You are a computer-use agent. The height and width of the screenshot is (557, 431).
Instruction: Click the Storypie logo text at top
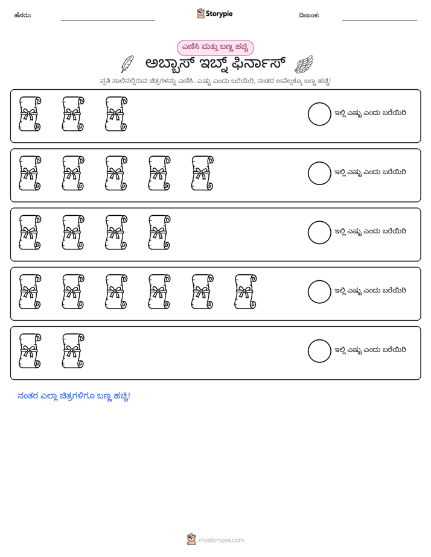click(x=219, y=14)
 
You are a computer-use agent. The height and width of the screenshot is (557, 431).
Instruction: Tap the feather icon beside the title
click(x=127, y=64)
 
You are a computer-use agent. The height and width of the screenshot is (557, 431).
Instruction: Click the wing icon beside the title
click(x=304, y=65)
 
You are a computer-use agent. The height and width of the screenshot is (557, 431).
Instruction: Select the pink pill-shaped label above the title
click(x=215, y=48)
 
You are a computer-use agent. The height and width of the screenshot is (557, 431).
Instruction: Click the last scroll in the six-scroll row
click(x=245, y=291)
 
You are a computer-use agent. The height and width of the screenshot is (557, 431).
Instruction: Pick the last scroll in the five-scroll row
click(x=202, y=173)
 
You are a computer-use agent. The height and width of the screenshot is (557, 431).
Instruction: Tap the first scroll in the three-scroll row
click(x=30, y=114)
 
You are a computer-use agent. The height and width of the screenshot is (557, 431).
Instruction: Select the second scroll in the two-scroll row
click(x=73, y=351)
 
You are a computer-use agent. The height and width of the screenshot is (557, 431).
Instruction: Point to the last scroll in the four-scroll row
click(x=159, y=232)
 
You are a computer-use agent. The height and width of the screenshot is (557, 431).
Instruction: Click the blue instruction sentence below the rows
click(x=74, y=396)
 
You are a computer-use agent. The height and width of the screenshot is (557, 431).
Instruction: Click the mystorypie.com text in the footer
click(x=221, y=540)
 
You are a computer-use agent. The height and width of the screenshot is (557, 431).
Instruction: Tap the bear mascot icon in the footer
click(x=191, y=540)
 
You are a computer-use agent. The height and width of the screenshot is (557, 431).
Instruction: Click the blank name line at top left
click(x=107, y=20)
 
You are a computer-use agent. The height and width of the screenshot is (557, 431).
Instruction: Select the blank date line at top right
click(x=380, y=20)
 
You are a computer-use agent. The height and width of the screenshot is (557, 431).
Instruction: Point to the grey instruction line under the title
click(x=215, y=81)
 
